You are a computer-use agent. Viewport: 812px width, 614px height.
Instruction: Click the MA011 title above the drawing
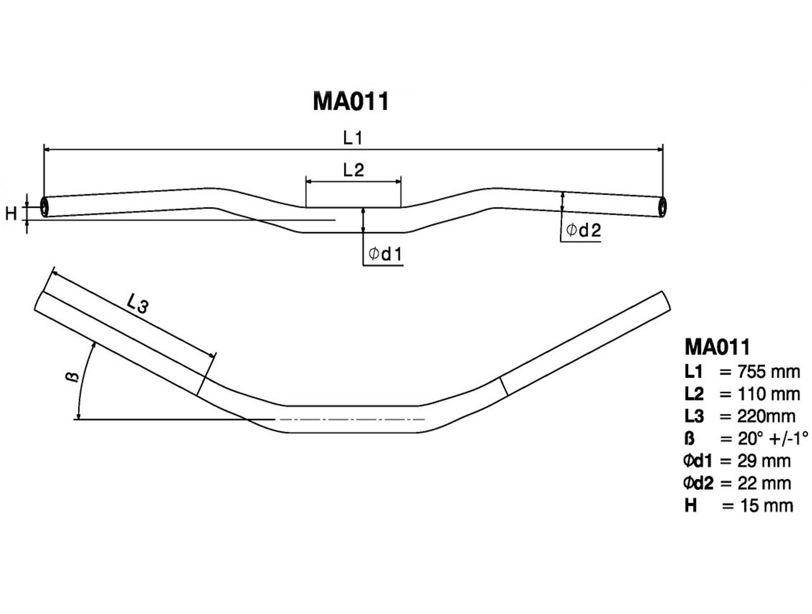coord(351,102)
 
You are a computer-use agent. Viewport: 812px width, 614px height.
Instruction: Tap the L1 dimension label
coord(352,138)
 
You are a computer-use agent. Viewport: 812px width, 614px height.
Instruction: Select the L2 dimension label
coord(354,170)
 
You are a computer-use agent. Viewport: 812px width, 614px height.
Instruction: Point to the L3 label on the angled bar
coord(137,303)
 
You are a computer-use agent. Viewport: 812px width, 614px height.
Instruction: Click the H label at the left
coord(11,214)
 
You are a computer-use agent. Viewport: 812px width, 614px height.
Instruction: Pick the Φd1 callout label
coord(385,254)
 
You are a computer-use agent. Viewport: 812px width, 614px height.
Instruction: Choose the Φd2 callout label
coord(583,230)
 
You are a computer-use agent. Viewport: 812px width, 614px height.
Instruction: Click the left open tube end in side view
coord(44,207)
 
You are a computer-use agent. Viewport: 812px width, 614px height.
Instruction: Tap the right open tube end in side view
coord(662,207)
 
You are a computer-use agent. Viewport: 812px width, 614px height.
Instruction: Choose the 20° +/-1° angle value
coord(773,439)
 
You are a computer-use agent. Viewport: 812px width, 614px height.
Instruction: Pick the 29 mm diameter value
coord(764,461)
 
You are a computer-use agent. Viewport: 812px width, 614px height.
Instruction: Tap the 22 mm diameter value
coord(764,483)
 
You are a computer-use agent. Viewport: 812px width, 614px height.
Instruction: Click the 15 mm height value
coord(766,506)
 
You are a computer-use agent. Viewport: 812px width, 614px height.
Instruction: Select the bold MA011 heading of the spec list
coord(717,347)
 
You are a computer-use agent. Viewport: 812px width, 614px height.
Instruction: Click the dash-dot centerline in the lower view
coord(350,420)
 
